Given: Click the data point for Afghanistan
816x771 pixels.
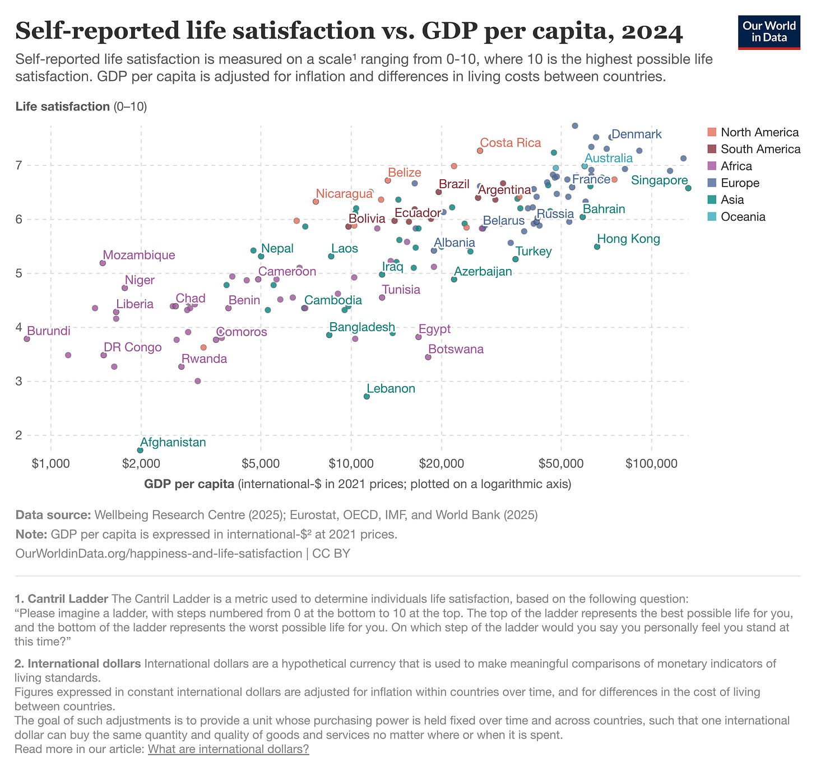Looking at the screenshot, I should pos(140,450).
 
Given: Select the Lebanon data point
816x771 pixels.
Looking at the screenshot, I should pos(367,396).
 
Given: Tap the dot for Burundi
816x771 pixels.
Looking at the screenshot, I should pos(27,339).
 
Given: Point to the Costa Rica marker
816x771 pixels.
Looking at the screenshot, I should pos(480,151).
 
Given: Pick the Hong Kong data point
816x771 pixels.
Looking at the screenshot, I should pos(597,247).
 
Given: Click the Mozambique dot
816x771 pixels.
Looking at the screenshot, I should pos(103,263).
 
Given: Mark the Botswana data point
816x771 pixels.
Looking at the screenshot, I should pos(428,357).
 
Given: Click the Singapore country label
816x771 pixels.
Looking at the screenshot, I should pos(659,180).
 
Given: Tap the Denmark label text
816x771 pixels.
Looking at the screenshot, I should pos(636,134).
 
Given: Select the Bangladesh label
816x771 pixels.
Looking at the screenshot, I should pos(362,327).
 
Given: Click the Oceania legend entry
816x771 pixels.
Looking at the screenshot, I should pos(743,216).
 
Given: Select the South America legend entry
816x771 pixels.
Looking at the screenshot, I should pos(760,149).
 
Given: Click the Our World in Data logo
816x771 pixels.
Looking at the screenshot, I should pos(768,32).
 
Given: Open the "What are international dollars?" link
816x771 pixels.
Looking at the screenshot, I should pos(228,749).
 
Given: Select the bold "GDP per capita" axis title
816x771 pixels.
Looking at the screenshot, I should pos(189,484).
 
